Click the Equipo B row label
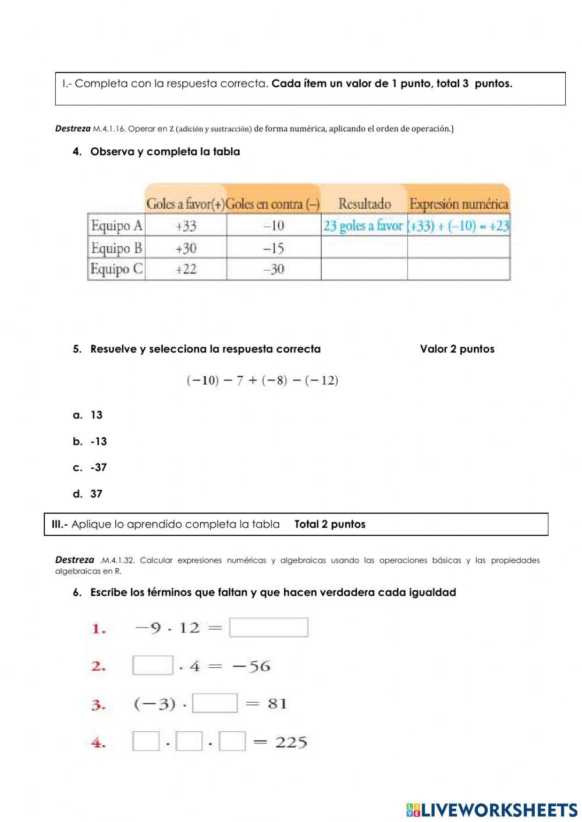(116, 248)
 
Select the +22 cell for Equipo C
(186, 269)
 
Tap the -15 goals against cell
(273, 248)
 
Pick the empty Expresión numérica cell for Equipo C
(459, 269)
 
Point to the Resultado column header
(364, 204)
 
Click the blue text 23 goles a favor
(363, 226)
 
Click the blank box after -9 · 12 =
(268, 627)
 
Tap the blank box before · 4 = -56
(152, 665)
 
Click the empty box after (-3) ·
(215, 703)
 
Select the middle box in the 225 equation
(189, 742)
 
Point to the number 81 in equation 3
(277, 704)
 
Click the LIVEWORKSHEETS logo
(492, 809)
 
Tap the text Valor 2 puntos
(457, 349)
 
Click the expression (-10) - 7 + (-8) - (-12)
(262, 380)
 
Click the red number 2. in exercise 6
(98, 667)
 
